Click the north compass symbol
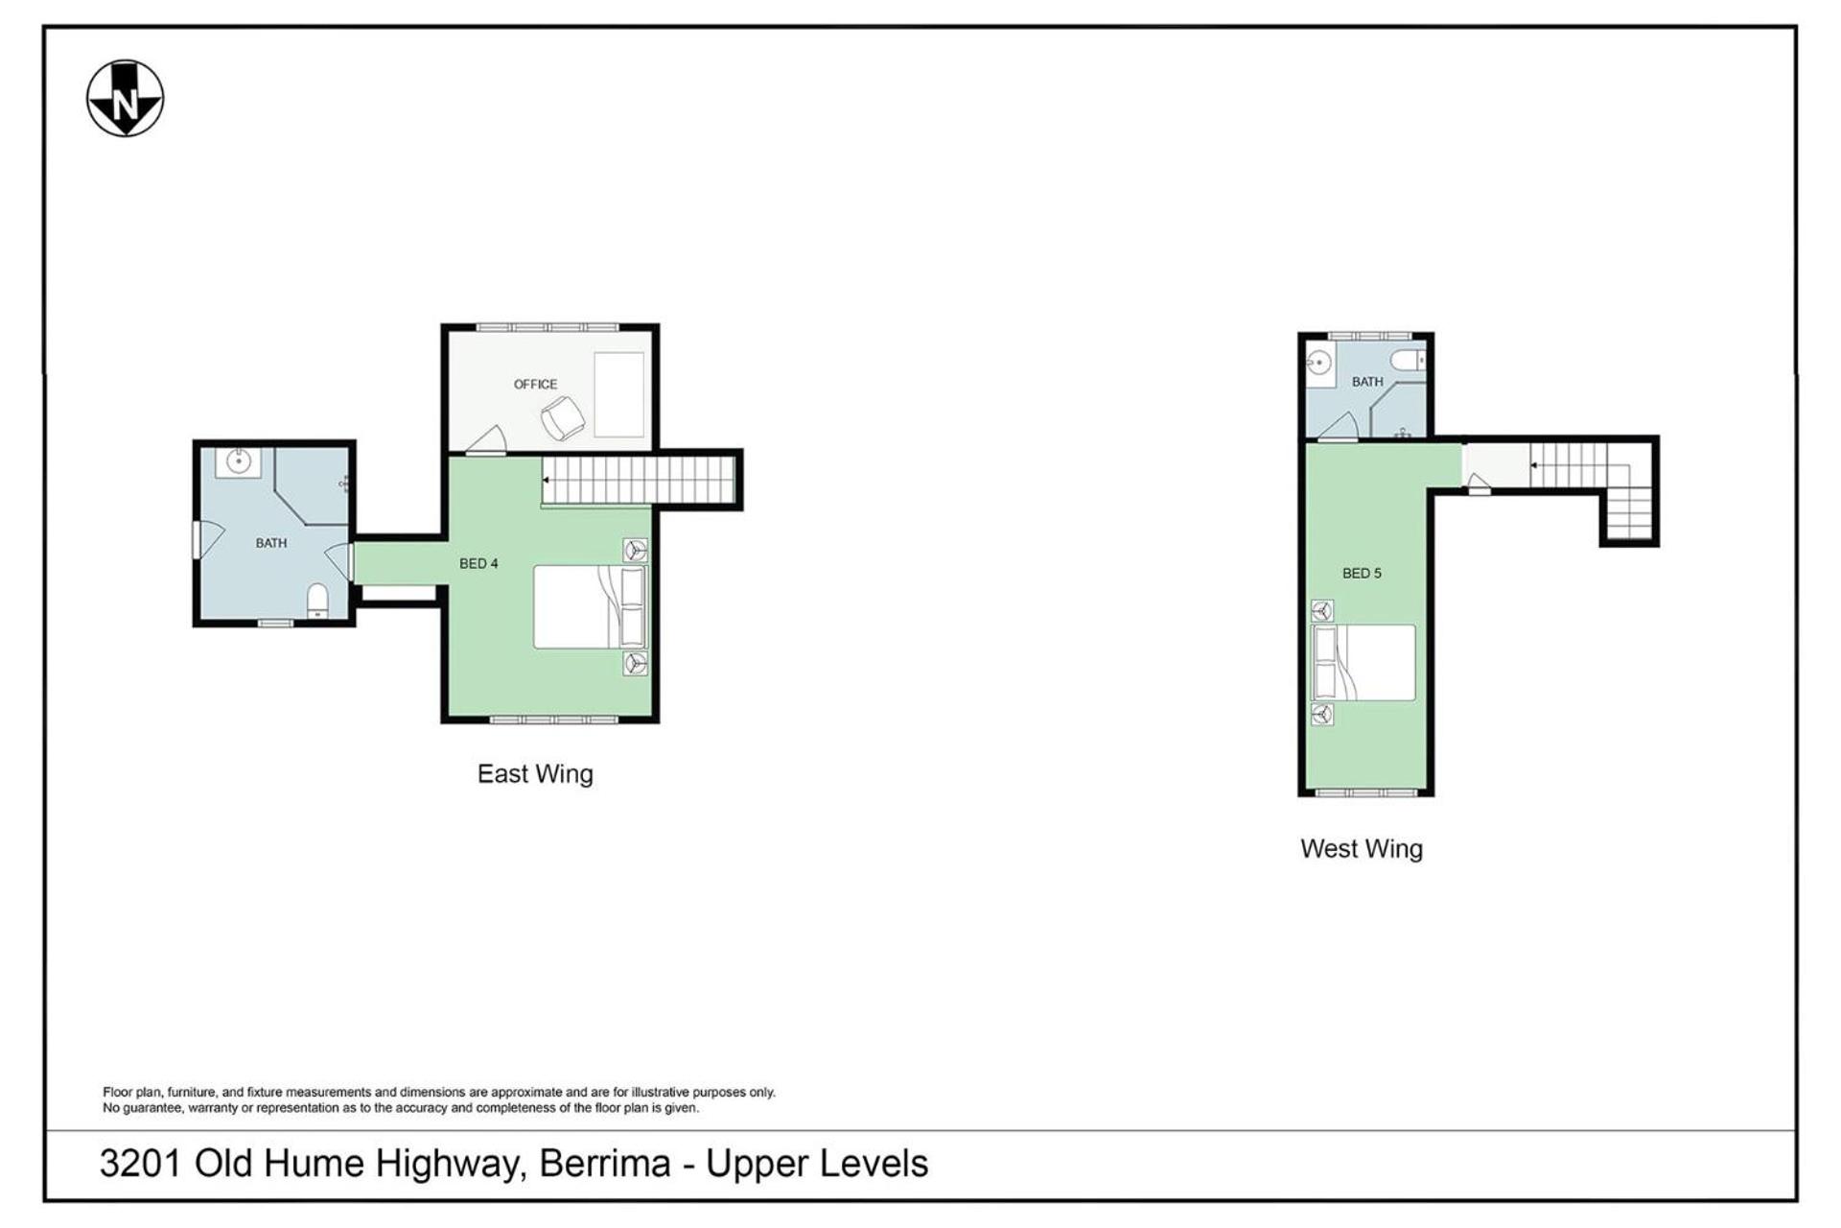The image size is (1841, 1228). pos(125,99)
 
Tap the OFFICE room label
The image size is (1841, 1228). pos(535,384)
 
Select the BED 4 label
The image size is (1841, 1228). pos(478,563)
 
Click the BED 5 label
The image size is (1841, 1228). pos(1362,573)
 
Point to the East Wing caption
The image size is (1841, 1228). pos(535,773)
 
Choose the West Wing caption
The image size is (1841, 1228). pos(1362,848)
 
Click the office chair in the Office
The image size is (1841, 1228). pos(562,419)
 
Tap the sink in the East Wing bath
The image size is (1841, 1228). pos(238,461)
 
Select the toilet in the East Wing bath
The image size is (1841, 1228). pos(317,601)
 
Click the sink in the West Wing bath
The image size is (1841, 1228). pos(1318,363)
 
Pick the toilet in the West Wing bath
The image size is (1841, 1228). pos(1408,361)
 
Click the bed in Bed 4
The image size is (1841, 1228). pos(591,606)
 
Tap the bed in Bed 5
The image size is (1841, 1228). pos(1363,663)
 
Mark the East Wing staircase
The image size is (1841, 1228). pos(639,480)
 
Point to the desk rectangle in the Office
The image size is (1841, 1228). pos(618,394)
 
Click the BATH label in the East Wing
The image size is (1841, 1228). pos(271,543)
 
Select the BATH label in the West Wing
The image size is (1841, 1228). pos(1367,381)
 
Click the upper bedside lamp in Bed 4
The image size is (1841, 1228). pos(635,550)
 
